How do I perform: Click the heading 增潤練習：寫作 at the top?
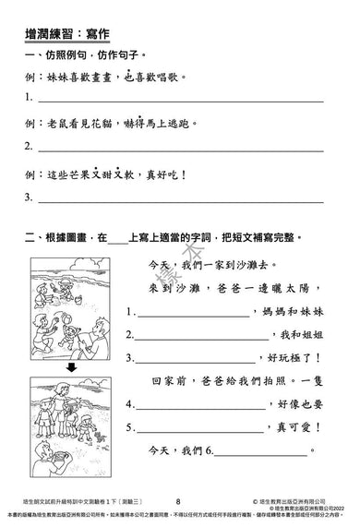pos(70,34)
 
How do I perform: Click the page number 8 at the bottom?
pos(177,499)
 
